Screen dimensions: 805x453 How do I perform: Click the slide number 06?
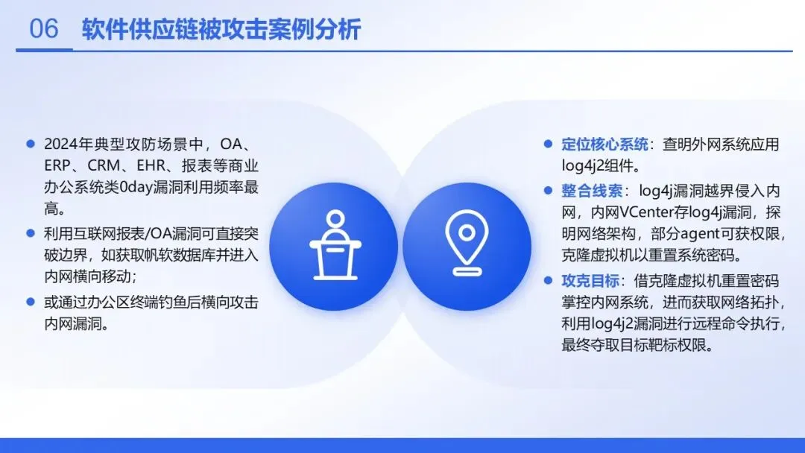[44, 28]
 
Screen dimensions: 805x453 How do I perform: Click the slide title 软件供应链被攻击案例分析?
[221, 29]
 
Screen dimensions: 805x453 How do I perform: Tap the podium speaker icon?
[335, 245]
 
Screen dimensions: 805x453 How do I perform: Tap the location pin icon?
[466, 243]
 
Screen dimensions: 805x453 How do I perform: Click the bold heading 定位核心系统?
[604, 144]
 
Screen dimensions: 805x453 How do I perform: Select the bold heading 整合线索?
[591, 191]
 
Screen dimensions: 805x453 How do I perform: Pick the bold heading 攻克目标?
[590, 281]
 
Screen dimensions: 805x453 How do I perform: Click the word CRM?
[104, 165]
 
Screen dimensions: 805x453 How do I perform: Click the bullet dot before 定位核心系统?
[548, 144]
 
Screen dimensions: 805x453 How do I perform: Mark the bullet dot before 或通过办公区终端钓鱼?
[31, 302]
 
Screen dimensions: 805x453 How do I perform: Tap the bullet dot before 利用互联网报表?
[31, 233]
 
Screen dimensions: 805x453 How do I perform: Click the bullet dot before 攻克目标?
[548, 281]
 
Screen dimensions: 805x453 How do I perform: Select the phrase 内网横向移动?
[87, 276]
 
